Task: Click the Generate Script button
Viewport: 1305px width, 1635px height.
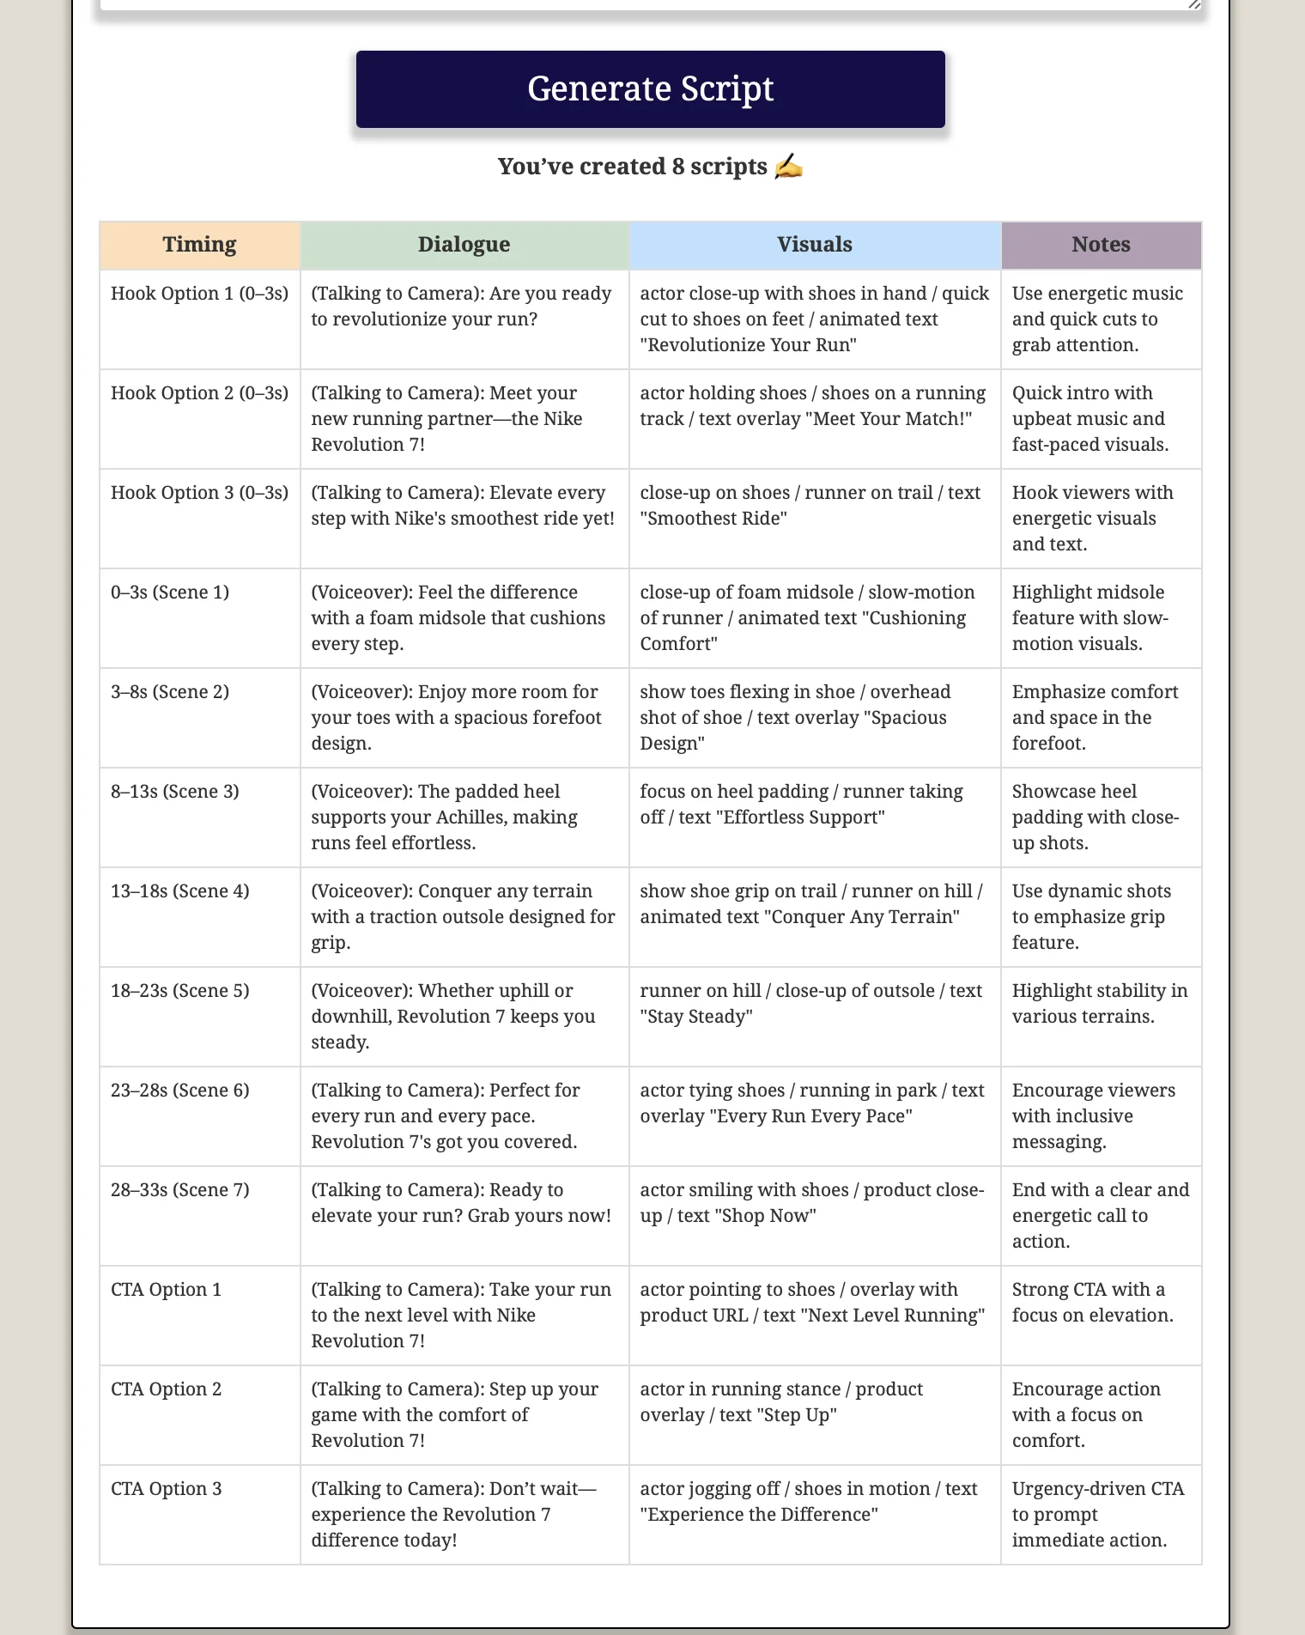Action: pyautogui.click(x=650, y=89)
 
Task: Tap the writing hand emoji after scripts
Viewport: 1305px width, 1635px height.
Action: pyautogui.click(x=788, y=167)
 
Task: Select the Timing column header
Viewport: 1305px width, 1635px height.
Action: pyautogui.click(x=199, y=245)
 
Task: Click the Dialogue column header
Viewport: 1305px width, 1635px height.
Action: pyautogui.click(x=464, y=245)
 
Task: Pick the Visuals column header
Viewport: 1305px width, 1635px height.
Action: pyautogui.click(x=814, y=245)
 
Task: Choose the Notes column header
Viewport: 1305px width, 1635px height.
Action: pyautogui.click(x=1101, y=245)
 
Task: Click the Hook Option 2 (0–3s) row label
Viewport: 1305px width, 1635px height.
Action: pyautogui.click(x=199, y=393)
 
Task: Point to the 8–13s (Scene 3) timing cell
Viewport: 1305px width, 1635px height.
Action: pyautogui.click(x=175, y=792)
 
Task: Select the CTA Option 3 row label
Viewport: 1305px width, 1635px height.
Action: pyautogui.click(x=167, y=1489)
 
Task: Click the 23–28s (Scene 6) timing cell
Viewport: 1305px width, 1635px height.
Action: pyautogui.click(x=180, y=1091)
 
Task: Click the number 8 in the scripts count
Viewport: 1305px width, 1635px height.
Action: pyautogui.click(x=678, y=167)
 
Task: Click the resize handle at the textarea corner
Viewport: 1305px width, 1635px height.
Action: pyautogui.click(x=1194, y=4)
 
